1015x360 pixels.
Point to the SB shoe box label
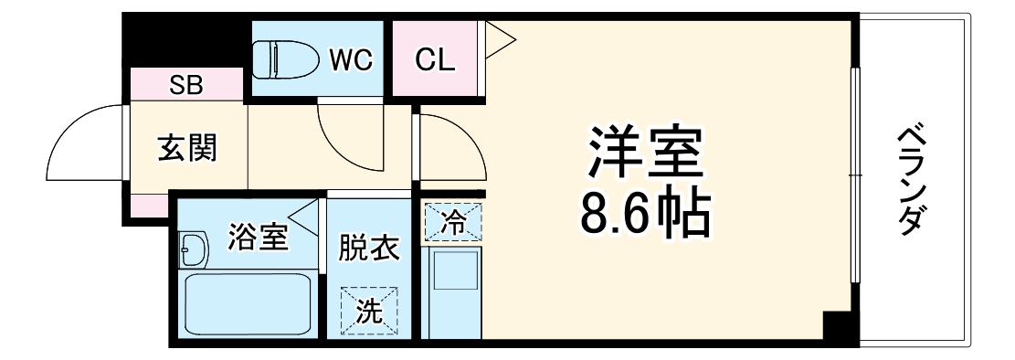point(186,87)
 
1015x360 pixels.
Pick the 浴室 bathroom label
point(259,238)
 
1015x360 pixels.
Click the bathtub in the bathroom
point(248,305)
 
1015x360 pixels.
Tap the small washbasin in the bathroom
point(193,248)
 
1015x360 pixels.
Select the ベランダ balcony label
point(913,181)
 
